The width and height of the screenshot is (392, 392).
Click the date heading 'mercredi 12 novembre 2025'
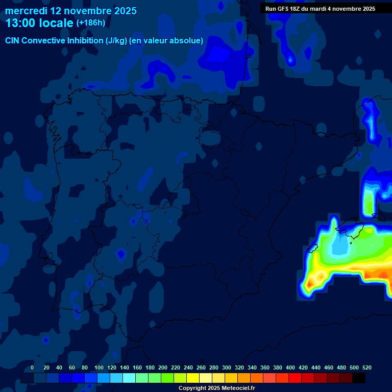click(x=71, y=11)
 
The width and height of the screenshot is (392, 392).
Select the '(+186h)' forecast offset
click(x=91, y=23)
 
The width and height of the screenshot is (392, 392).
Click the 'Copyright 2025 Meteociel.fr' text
click(x=216, y=388)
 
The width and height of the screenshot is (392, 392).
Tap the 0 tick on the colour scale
click(x=32, y=367)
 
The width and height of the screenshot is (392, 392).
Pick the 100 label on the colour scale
click(x=99, y=367)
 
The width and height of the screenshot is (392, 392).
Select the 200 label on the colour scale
click(x=163, y=367)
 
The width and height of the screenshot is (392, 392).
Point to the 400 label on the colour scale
click(x=290, y=367)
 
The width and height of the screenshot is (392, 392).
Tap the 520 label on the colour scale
click(x=366, y=367)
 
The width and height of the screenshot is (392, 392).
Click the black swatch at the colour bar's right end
click(x=359, y=378)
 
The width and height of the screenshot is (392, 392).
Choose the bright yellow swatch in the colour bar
click(x=193, y=378)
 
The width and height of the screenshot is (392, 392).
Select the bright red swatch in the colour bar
click(x=295, y=378)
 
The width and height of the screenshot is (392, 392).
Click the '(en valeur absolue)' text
click(x=166, y=41)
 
